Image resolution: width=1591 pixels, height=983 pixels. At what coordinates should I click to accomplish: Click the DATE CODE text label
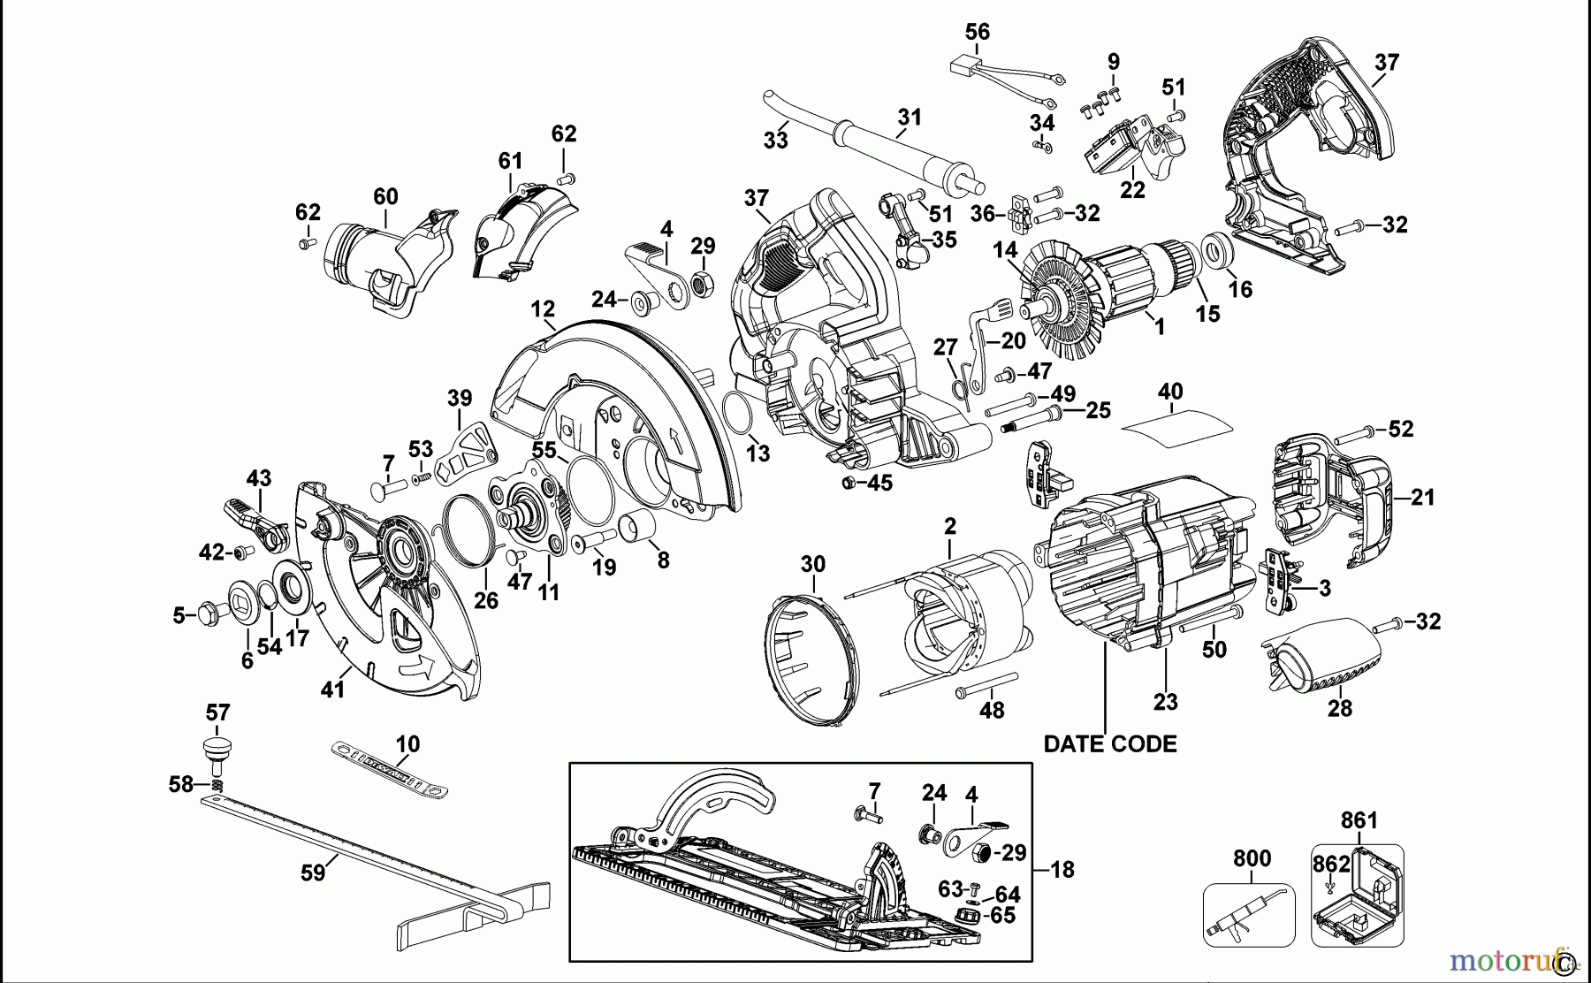1110,744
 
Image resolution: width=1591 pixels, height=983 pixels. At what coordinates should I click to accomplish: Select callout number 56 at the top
977,33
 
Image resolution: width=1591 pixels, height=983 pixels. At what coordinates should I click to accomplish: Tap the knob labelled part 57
217,748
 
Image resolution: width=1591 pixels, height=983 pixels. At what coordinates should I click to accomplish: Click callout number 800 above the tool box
1252,858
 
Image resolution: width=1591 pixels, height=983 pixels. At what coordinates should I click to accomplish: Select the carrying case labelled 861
1358,895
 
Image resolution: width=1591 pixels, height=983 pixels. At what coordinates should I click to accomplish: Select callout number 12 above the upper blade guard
543,309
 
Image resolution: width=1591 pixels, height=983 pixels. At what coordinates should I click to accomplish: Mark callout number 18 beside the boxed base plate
1062,870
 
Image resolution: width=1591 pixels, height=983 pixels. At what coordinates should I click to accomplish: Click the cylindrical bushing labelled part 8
637,527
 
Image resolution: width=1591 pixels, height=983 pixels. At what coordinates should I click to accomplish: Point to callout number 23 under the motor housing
1165,702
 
